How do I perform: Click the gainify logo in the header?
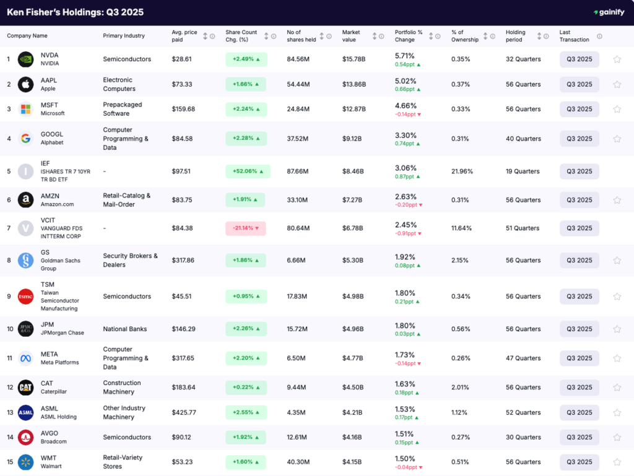point(609,12)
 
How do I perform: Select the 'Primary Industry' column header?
point(123,36)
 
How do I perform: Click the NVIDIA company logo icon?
point(25,59)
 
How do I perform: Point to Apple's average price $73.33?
point(182,84)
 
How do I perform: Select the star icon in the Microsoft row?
point(617,110)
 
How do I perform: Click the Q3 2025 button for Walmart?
point(579,462)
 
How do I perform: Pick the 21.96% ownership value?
point(462,171)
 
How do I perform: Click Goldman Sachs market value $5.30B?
point(354,261)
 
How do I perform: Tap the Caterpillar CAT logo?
point(25,387)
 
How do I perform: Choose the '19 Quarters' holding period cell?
point(523,171)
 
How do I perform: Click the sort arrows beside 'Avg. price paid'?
point(205,36)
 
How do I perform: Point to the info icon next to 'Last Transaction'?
point(599,36)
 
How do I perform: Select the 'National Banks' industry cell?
point(124,329)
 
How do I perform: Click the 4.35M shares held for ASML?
point(295,413)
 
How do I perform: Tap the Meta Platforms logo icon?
point(25,358)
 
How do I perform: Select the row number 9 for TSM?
point(9,296)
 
